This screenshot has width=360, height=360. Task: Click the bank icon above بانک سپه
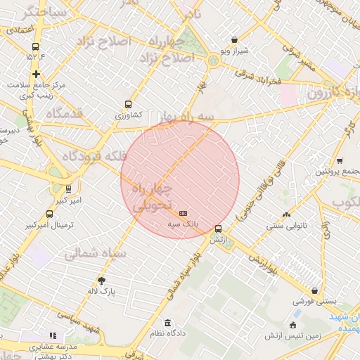pos(184,213)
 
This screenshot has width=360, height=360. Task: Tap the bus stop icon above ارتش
pos(218,229)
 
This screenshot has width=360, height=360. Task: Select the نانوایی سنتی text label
pos(285,227)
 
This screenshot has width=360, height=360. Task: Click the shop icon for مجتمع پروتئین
pos(340,161)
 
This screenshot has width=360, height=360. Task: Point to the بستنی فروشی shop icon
pos(313,290)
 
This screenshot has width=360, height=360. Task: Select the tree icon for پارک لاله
pos(103,280)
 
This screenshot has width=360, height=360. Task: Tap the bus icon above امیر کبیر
pos(68,189)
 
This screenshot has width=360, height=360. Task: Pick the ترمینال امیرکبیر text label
pos(50,226)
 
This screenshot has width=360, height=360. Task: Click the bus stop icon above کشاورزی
pos(127,103)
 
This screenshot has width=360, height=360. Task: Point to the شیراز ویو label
pos(235,51)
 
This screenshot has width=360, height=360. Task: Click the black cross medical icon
pos(35,73)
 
